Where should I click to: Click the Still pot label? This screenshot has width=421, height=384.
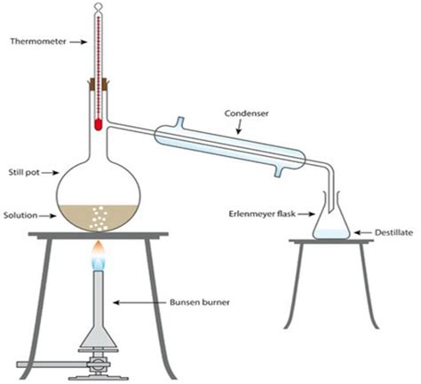tap(22, 175)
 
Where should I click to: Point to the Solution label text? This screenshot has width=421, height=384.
tap(20, 216)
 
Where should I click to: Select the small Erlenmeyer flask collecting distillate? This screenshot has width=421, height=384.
tap(330, 222)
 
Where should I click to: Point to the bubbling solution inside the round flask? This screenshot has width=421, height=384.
tap(97, 214)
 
